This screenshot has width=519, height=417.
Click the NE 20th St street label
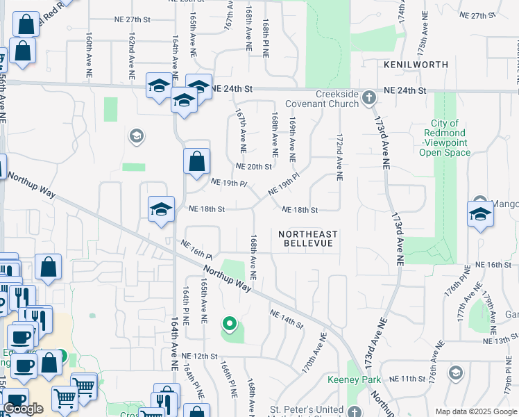(253, 167)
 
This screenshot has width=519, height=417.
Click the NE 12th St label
(199, 356)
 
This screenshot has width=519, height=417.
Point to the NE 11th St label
(407, 379)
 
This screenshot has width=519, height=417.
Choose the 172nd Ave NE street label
(340, 158)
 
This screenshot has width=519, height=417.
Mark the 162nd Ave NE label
(130, 51)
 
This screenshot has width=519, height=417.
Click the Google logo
(23, 408)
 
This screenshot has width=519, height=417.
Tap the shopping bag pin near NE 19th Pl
(196, 161)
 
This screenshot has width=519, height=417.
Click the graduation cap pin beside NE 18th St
(161, 209)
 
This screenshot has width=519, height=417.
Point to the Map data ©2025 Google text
(476, 411)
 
